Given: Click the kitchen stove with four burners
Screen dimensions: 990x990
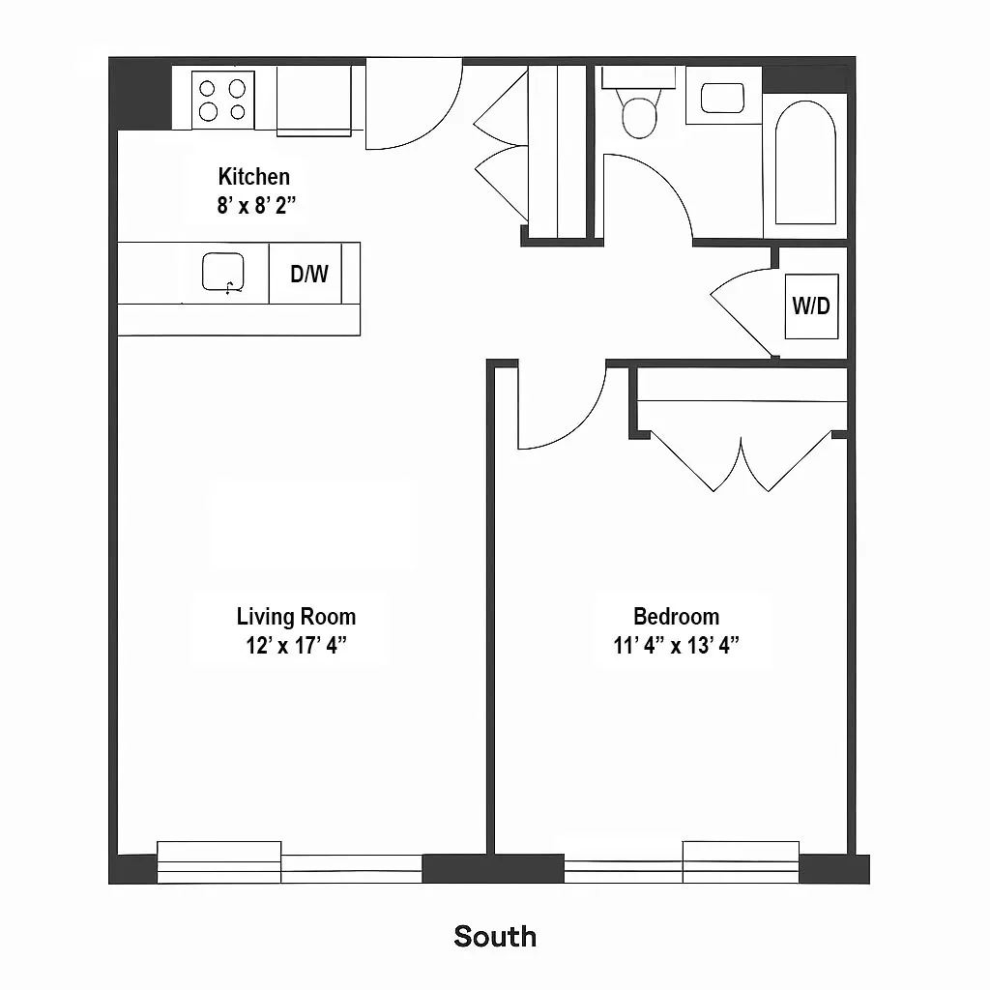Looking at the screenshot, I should pyautogui.click(x=222, y=100).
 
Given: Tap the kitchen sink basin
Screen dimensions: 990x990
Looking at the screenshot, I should pyautogui.click(x=222, y=273).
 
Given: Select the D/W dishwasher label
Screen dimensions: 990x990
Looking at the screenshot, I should pyautogui.click(x=309, y=274).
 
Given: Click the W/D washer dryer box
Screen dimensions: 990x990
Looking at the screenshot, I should pyautogui.click(x=811, y=306).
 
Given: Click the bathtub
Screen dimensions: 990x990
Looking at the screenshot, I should pyautogui.click(x=805, y=161).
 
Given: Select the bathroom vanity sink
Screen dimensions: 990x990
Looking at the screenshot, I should pyautogui.click(x=722, y=99).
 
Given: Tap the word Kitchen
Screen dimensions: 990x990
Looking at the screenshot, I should pyautogui.click(x=253, y=177).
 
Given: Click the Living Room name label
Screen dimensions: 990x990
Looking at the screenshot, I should pyautogui.click(x=296, y=617).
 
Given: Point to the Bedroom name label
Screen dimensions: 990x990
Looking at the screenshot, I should pyautogui.click(x=676, y=617).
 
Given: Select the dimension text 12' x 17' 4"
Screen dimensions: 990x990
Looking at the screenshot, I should pyautogui.click(x=296, y=646).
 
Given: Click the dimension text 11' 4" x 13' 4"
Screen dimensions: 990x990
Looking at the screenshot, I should pyautogui.click(x=676, y=646).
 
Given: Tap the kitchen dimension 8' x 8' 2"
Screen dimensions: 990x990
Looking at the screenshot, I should pyautogui.click(x=253, y=205).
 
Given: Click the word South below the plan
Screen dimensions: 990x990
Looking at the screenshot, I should pyautogui.click(x=495, y=936).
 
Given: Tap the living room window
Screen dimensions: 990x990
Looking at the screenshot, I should pyautogui.click(x=289, y=862).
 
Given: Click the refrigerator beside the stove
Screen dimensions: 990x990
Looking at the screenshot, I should pyautogui.click(x=314, y=101).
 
